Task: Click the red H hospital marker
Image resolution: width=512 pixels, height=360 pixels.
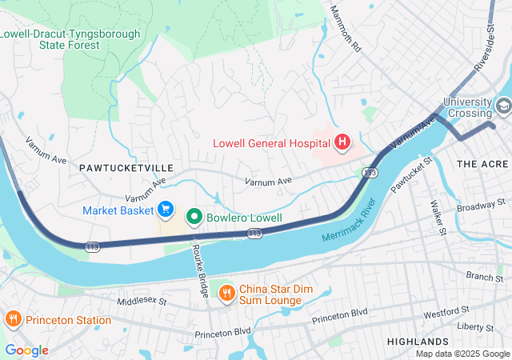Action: pyautogui.click(x=342, y=143)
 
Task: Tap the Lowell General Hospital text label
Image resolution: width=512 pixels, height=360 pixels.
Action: pyautogui.click(x=271, y=144)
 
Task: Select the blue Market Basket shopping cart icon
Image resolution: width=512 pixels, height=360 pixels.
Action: pyautogui.click(x=166, y=210)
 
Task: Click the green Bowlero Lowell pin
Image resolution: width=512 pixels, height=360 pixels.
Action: pyautogui.click(x=194, y=217)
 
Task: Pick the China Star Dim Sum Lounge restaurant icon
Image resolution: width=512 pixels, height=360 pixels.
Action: pyautogui.click(x=226, y=293)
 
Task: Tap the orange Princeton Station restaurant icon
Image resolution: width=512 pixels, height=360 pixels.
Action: pyautogui.click(x=13, y=320)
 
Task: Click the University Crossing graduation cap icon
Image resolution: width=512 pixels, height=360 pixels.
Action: pyautogui.click(x=503, y=106)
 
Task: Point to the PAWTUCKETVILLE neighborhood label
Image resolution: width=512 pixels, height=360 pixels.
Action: pyautogui.click(x=126, y=168)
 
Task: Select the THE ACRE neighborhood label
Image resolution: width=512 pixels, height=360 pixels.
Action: pyautogui.click(x=482, y=163)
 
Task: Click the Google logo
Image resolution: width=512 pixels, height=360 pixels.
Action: pyautogui.click(x=26, y=350)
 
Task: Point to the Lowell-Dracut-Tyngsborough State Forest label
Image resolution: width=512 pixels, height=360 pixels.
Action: pyautogui.click(x=70, y=39)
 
